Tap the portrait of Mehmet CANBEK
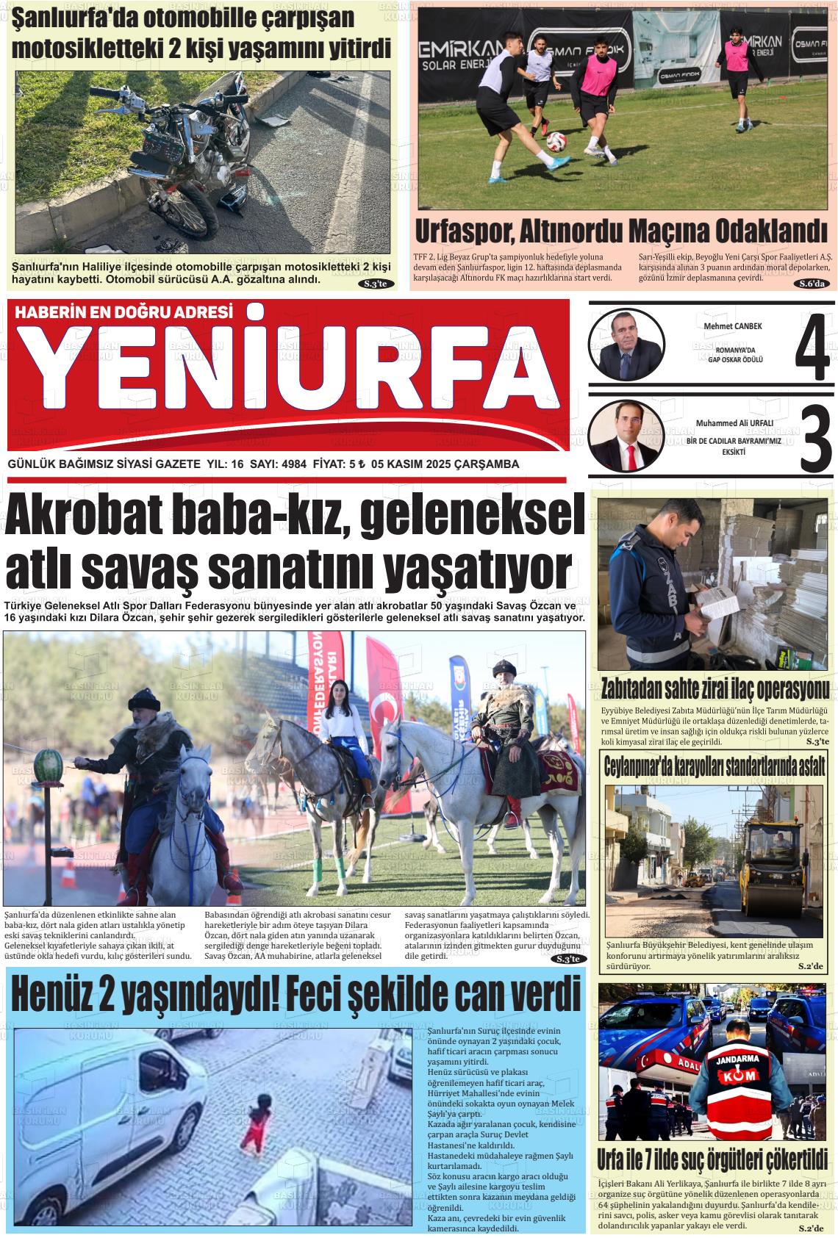tap(626, 344)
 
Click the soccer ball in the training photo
tap(559, 138)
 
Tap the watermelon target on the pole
tap(47, 766)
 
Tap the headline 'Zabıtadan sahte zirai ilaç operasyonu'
tap(715, 689)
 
